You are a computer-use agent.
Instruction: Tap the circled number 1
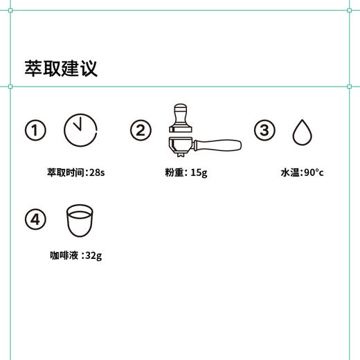(35, 130)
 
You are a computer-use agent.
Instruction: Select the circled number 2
(141, 130)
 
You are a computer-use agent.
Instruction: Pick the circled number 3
(264, 130)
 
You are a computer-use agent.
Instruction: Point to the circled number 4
(35, 219)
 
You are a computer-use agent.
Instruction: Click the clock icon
(80, 130)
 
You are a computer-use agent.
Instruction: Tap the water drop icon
(301, 132)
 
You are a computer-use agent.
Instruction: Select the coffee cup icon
(80, 219)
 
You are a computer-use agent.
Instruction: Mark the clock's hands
(78, 127)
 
